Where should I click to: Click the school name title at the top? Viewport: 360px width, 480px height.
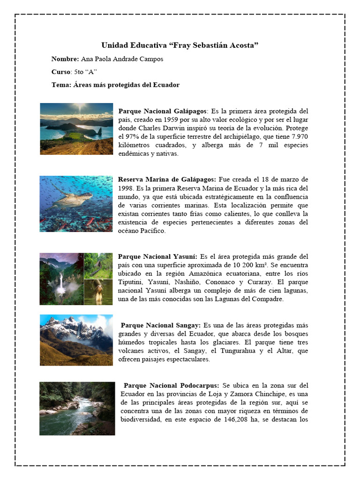point(180,45)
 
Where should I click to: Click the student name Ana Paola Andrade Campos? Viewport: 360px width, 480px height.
point(122,59)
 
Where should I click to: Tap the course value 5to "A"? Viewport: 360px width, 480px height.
point(84,72)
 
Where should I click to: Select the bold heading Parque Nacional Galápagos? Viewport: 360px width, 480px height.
point(162,111)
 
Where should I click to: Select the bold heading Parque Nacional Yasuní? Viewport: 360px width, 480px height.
point(157,257)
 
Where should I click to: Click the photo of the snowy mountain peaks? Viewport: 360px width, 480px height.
point(76,340)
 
